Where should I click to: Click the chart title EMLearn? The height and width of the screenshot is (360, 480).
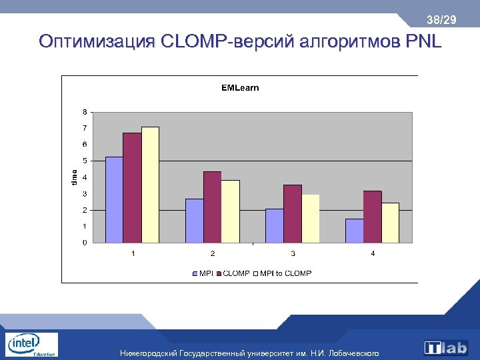(240, 87)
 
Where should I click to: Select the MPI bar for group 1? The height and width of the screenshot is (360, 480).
(114, 199)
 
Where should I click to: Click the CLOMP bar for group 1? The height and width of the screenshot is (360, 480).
(132, 187)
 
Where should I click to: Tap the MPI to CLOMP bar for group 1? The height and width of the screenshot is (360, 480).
(150, 185)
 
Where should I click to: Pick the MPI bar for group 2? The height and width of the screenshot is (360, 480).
(194, 221)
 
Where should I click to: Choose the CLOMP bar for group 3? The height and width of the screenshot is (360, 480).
(293, 213)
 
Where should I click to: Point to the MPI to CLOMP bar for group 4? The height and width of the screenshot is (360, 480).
(390, 223)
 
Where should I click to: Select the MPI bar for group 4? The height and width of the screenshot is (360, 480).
(354, 231)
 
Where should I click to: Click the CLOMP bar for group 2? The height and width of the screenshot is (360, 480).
(212, 207)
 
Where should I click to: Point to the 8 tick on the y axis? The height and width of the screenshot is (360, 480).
(84, 111)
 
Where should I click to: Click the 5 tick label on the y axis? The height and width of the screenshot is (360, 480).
(84, 161)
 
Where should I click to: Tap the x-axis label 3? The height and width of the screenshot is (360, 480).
(293, 254)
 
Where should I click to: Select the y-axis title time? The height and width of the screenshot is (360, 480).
(74, 176)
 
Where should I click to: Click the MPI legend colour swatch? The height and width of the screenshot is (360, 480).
(194, 273)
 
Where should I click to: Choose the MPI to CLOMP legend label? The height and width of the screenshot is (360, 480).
(285, 273)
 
